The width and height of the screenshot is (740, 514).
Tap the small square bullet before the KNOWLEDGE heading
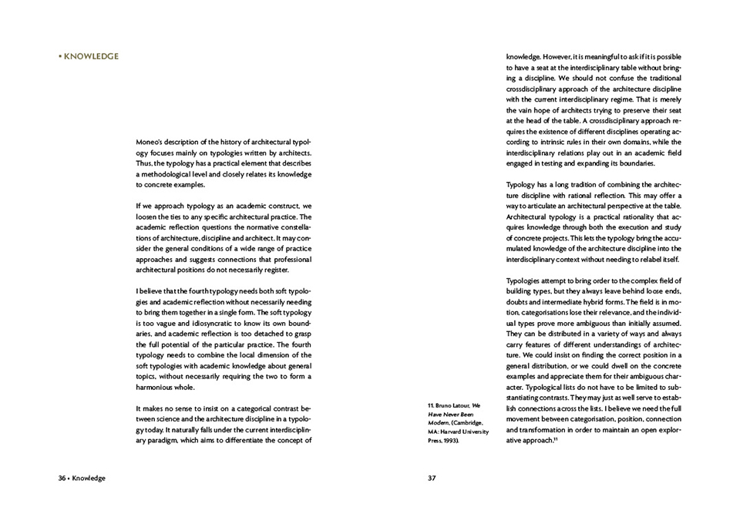(x=59, y=56)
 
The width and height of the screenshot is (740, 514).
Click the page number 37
(x=432, y=478)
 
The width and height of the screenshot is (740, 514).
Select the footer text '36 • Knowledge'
(x=81, y=478)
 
